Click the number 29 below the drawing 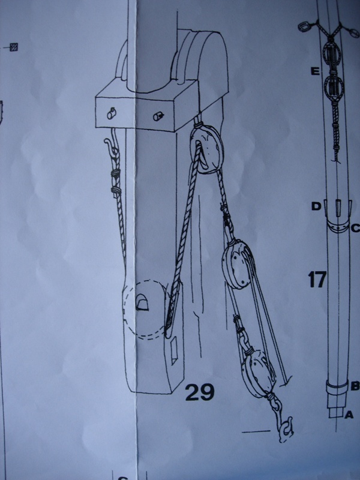(x=200, y=392)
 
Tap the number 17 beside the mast (x=317, y=279)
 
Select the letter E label (x=315, y=72)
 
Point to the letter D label (x=316, y=206)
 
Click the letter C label (x=355, y=228)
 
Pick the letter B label (x=355, y=386)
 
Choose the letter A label (x=349, y=415)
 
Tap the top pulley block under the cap (x=207, y=149)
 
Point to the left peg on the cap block (x=111, y=114)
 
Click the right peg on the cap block (x=158, y=116)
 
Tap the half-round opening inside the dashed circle (x=142, y=302)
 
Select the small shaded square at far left (x=14, y=47)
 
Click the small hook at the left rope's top (x=111, y=144)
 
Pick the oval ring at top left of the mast (x=305, y=27)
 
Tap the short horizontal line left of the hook (x=256, y=431)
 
